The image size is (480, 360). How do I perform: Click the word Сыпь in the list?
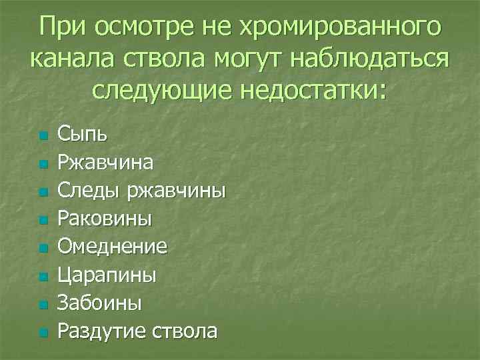pyautogui.click(x=82, y=135)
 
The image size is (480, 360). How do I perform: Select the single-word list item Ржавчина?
pyautogui.click(x=105, y=163)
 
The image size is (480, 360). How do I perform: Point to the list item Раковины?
pyautogui.click(x=105, y=219)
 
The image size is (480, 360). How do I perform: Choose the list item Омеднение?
pyautogui.click(x=112, y=247)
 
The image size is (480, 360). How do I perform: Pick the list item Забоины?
pyautogui.click(x=99, y=303)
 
